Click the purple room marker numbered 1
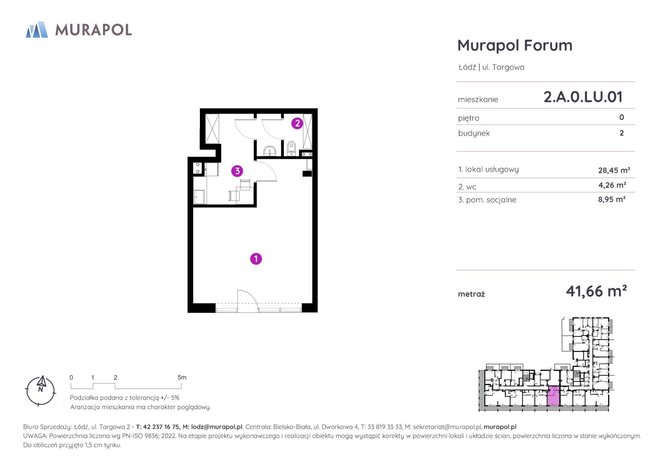pos(256,259)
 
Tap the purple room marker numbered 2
pos(297,123)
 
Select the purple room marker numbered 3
pos(237,171)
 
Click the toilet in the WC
pos(291,148)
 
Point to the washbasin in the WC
pos(269,151)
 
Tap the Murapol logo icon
pos(37,30)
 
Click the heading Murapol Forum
pos(515,45)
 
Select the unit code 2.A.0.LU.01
pos(583,97)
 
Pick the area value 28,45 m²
pos(614,170)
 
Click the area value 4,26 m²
pos(612,185)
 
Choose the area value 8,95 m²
pos(612,199)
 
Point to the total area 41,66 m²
pos(596,291)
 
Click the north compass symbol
pos(41,391)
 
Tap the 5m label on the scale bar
pos(182,377)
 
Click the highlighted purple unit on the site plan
pos(553,396)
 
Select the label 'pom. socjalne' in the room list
pos(491,200)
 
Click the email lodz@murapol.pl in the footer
pos(217,427)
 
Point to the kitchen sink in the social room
pos(199,197)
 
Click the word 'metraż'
pos(471,294)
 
